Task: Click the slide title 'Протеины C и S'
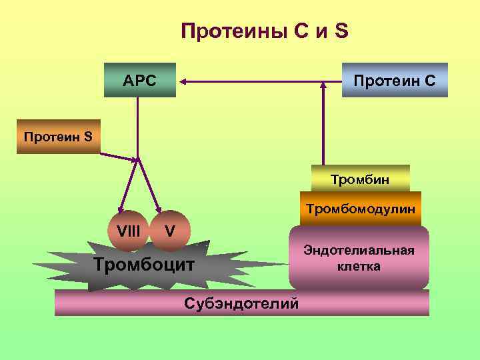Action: coord(265,31)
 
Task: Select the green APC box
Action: coord(139,81)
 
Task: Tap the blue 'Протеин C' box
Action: coord(395,81)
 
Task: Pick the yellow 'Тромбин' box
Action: coord(360,179)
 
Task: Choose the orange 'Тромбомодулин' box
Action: coord(360,209)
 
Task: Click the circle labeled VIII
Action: coord(128,231)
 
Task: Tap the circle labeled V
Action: coord(171,231)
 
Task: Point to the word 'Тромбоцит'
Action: coord(145,264)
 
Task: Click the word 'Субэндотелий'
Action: coord(240,303)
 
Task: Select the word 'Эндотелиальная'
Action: coord(359,250)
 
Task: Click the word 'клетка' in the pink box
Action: coord(359,267)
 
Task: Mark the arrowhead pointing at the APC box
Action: coord(181,81)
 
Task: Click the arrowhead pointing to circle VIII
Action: coord(121,210)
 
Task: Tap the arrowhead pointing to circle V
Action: coord(159,210)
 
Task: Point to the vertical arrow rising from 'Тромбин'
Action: coord(324,127)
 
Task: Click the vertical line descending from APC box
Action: coord(138,127)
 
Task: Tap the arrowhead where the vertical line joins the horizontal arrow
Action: coord(324,84)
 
